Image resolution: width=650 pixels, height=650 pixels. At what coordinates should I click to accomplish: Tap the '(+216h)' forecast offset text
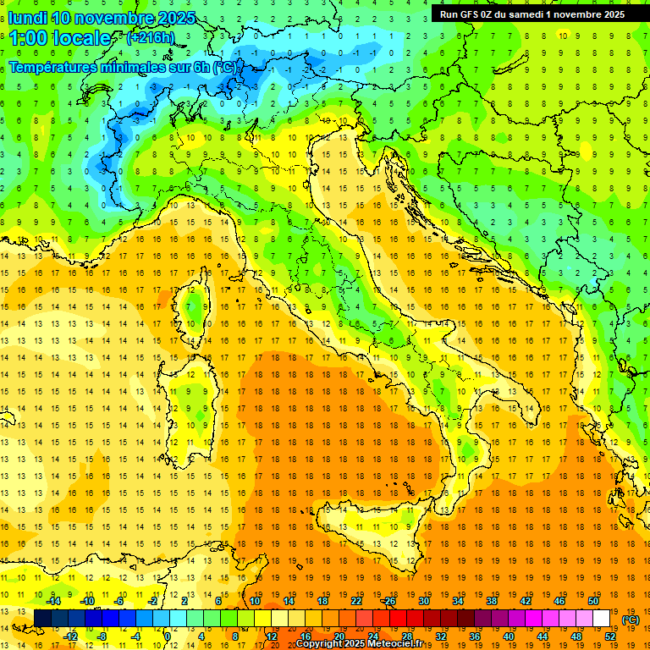pos(151,38)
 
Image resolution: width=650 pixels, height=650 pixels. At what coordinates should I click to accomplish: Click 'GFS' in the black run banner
pos(471,14)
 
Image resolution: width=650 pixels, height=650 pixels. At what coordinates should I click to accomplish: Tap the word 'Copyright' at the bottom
pos(321,644)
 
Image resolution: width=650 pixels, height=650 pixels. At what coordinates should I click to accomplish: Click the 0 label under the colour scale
pos(168,636)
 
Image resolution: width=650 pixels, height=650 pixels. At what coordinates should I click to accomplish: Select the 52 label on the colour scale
pos(609,636)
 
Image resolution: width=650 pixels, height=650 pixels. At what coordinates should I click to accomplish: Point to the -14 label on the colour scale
pos(53,601)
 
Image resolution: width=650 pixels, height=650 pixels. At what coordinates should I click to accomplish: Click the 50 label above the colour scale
pos(593,601)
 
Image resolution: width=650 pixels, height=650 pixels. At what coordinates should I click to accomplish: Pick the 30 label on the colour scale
pos(424,601)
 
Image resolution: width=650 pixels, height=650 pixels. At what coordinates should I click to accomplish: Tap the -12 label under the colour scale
pos(70,636)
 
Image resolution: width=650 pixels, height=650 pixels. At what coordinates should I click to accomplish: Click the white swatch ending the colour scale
pos(601,618)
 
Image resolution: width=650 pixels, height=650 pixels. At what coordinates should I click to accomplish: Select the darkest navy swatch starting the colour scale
pos(42,618)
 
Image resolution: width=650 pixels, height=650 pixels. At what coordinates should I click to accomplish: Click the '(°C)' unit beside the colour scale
pos(631,620)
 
